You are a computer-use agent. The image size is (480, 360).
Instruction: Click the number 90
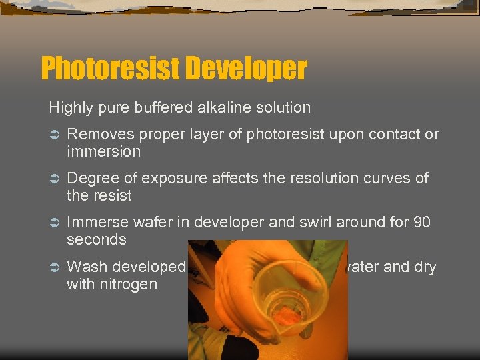421,223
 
